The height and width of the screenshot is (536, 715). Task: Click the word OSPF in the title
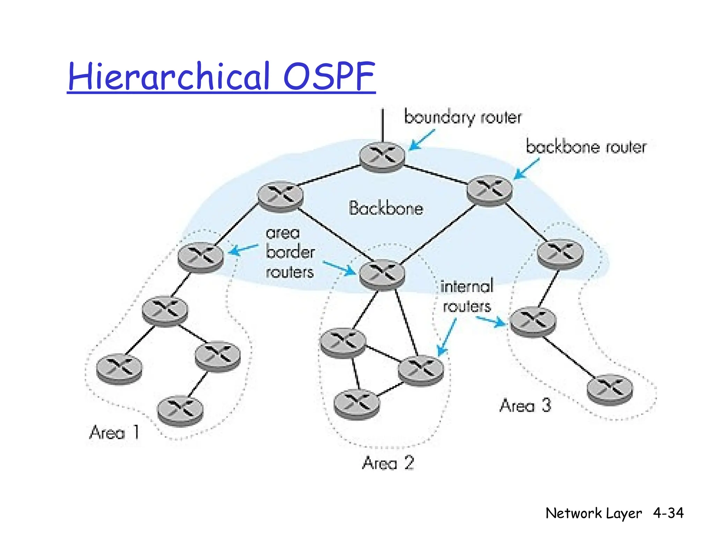(x=329, y=76)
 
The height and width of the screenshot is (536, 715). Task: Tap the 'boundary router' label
(x=463, y=117)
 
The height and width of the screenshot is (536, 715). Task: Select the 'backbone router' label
(x=586, y=147)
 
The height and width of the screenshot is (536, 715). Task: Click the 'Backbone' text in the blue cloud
(x=386, y=208)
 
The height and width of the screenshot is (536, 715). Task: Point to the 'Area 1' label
(x=115, y=433)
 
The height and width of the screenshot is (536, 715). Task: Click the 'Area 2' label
(x=388, y=463)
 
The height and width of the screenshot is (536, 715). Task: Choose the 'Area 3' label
(x=525, y=405)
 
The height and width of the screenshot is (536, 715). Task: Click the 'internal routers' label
(x=467, y=296)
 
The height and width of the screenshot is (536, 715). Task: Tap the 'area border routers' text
(x=290, y=252)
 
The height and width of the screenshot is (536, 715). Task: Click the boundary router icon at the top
(x=382, y=157)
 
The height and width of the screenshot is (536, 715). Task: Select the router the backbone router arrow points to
(x=489, y=190)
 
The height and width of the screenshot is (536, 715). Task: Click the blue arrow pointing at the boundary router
(x=422, y=140)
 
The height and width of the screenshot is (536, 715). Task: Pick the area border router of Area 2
(x=382, y=275)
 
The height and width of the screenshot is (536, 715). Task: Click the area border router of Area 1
(x=200, y=257)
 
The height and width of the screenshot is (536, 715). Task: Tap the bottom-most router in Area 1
(x=180, y=411)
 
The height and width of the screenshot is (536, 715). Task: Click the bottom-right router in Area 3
(x=610, y=389)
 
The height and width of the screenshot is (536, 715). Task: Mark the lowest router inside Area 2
(x=356, y=404)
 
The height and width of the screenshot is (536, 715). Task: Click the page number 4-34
(x=668, y=513)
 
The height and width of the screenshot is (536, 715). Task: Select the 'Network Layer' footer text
(x=594, y=513)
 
